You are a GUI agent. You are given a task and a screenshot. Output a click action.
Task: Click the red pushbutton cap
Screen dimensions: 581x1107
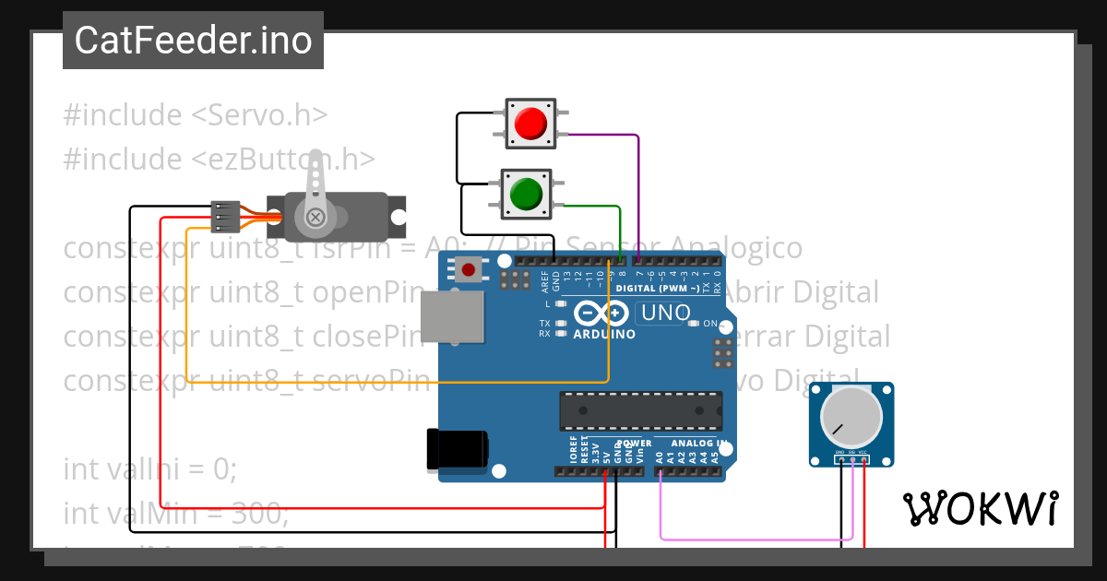[530, 124]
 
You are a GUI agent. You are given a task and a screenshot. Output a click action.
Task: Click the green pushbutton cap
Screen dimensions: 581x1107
[525, 194]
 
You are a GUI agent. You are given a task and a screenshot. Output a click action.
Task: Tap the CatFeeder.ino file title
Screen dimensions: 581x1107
[193, 41]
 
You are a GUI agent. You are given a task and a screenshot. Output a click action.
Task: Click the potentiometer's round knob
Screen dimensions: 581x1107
[851, 415]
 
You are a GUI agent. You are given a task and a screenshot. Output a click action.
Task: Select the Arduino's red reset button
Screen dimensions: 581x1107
[470, 270]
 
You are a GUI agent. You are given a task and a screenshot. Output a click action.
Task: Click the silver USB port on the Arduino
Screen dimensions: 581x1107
[453, 316]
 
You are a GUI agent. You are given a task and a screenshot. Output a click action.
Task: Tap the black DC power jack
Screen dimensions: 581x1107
[457, 449]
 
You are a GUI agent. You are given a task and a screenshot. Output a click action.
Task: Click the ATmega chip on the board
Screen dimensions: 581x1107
[639, 410]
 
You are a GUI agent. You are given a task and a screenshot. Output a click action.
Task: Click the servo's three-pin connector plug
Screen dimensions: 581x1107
[226, 217]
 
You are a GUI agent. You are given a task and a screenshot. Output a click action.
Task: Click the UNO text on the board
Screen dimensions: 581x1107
[665, 313]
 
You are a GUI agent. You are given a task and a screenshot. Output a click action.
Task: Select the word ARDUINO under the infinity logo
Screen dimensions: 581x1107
[604, 334]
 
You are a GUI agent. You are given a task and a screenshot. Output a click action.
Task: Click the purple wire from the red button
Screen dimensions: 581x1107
[637, 184]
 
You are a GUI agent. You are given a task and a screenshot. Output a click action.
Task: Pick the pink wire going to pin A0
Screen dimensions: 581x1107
[756, 538]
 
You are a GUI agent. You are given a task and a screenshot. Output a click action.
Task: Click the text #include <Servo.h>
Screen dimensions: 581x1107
[196, 115]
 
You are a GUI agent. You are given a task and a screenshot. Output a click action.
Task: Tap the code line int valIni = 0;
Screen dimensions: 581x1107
[150, 469]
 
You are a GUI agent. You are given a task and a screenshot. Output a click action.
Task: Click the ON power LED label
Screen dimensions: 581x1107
[710, 324]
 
